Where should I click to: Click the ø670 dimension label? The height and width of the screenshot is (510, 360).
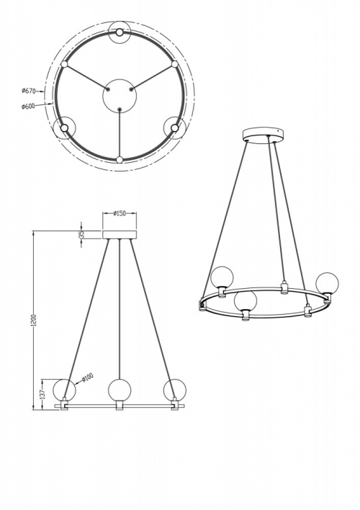28,91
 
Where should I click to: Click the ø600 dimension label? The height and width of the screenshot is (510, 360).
28,106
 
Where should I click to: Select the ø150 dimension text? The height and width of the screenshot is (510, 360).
120,213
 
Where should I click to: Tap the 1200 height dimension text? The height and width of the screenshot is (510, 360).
35,320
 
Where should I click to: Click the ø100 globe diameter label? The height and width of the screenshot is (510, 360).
87,377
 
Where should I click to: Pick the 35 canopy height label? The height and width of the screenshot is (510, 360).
82,234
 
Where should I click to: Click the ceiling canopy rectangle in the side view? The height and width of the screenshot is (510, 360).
120,235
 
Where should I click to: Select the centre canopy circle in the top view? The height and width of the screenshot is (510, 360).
120,95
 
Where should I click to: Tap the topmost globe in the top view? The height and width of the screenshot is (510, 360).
120,32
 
